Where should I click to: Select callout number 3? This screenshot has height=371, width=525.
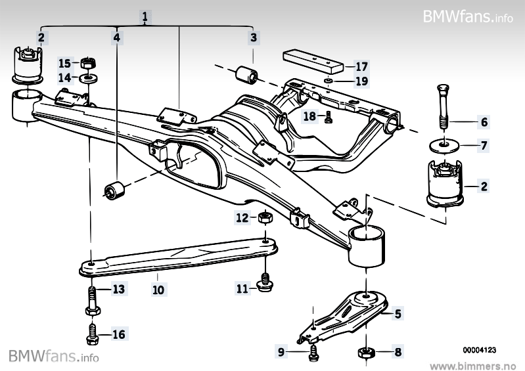coord(253,37)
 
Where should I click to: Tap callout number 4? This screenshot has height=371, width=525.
coord(116,37)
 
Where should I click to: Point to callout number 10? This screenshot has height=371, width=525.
coord(158,288)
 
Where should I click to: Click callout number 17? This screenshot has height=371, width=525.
coord(362,66)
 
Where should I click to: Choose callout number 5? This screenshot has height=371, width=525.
coord(398,314)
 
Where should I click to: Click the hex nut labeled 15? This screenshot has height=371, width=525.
coord(87,64)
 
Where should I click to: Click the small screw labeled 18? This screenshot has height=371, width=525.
coord(329,117)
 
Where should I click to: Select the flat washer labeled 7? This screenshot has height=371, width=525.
coord(442,143)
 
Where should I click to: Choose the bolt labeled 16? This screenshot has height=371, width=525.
coord(92,334)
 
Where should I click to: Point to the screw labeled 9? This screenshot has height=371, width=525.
coord(313,353)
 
